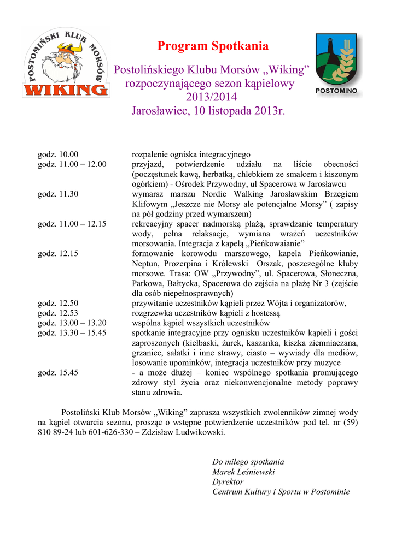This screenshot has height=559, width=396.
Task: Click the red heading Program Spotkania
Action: (213, 46)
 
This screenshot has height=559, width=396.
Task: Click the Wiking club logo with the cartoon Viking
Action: (65, 63)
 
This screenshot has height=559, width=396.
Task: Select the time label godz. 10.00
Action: (58, 154)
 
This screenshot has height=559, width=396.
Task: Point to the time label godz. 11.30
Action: (58, 194)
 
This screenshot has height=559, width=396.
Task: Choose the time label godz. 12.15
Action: (58, 253)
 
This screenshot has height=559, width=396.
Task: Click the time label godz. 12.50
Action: (58, 303)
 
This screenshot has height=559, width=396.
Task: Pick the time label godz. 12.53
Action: (58, 313)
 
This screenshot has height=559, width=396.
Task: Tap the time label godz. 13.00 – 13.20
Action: (72, 323)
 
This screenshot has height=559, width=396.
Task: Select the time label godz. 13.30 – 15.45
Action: (72, 332)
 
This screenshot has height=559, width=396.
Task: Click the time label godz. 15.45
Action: (58, 372)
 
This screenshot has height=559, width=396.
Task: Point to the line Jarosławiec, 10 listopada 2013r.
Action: (209, 111)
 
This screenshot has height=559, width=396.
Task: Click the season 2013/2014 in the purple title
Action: (212, 98)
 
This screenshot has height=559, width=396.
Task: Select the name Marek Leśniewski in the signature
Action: (243, 472)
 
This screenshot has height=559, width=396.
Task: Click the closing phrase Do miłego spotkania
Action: (248, 462)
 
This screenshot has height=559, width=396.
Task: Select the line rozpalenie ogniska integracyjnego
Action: (191, 154)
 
